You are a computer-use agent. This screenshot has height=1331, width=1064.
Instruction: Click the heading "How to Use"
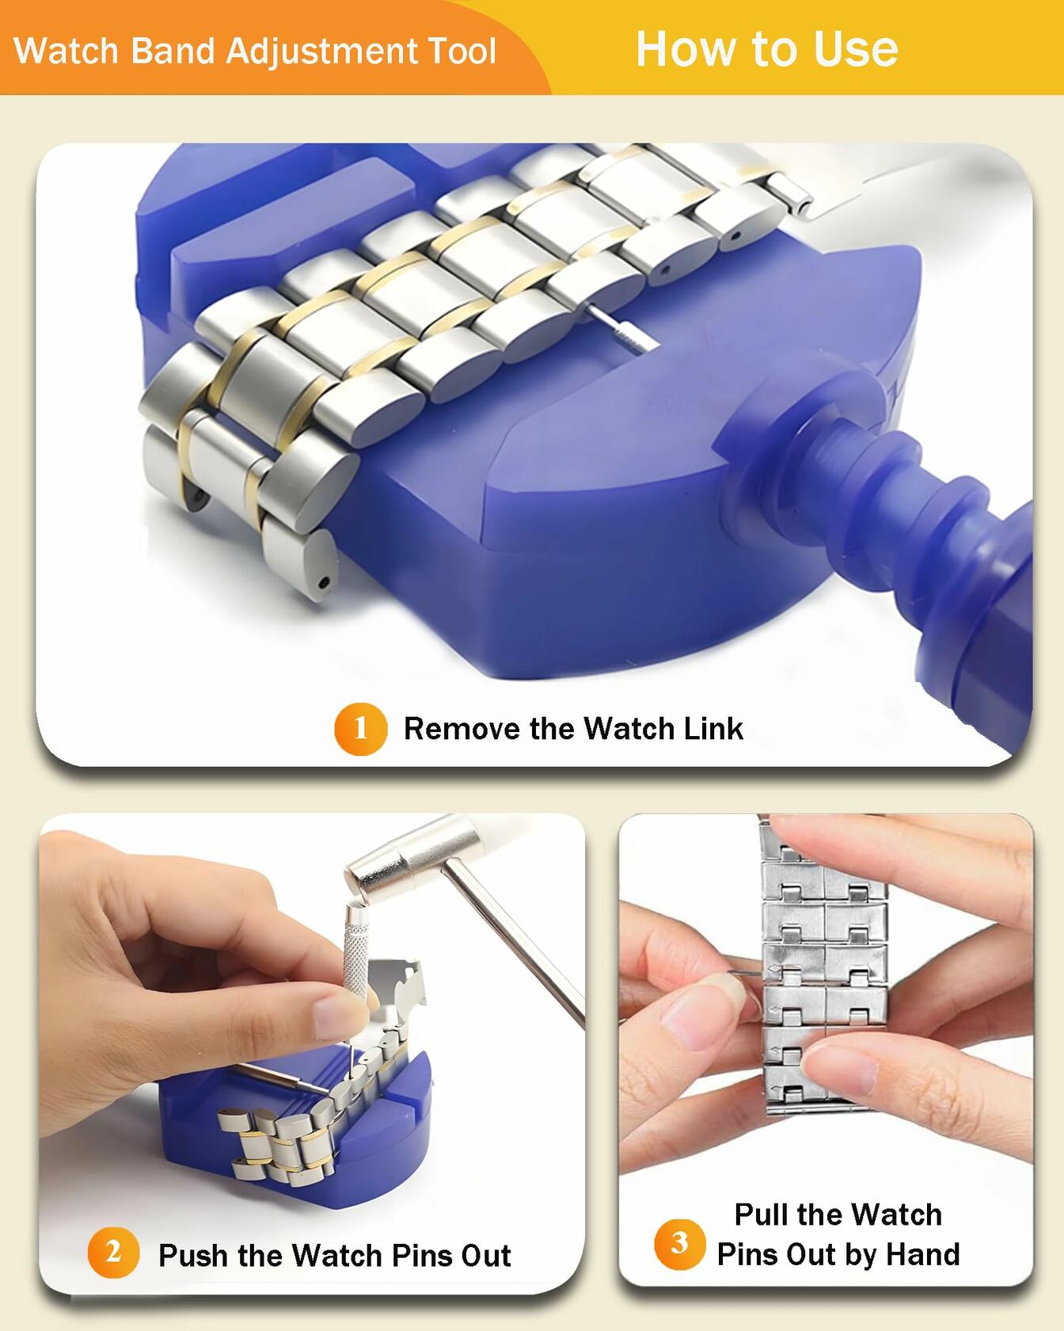pyautogui.click(x=766, y=49)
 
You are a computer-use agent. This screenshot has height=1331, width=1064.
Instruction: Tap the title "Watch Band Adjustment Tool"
pyautogui.click(x=255, y=51)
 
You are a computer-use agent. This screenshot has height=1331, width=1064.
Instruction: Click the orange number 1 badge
pyautogui.click(x=360, y=728)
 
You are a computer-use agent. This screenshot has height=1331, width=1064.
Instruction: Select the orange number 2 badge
pyautogui.click(x=113, y=1253)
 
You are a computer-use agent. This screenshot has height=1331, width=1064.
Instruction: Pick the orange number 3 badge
pyautogui.click(x=679, y=1243)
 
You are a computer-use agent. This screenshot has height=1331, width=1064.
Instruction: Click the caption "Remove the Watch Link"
pyautogui.click(x=573, y=729)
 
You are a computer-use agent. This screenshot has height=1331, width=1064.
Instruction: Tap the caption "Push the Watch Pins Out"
pyautogui.click(x=334, y=1256)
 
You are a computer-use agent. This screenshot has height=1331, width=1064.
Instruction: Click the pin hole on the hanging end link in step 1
pyautogui.click(x=324, y=582)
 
